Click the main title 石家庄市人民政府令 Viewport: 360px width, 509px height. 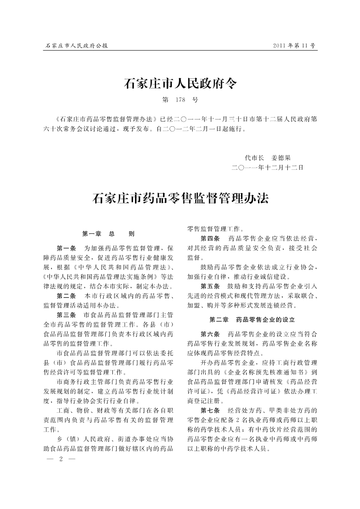(x=180, y=83)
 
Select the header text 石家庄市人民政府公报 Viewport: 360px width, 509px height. (x=77, y=45)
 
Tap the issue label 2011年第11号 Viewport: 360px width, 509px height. (x=294, y=45)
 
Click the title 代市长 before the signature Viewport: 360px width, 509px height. (x=255, y=158)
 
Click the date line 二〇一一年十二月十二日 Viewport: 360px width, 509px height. (x=268, y=167)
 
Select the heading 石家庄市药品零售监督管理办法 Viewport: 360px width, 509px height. (x=180, y=199)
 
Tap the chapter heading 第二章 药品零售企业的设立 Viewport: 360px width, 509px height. (x=252, y=320)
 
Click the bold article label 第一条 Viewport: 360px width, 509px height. (x=66, y=248)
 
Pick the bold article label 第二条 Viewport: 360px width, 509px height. (x=66, y=296)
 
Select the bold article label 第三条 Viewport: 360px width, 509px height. (x=66, y=315)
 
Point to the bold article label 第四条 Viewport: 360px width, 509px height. (x=210, y=238)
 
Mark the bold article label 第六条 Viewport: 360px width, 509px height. (x=210, y=334)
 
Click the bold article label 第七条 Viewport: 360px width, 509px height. (x=210, y=410)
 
